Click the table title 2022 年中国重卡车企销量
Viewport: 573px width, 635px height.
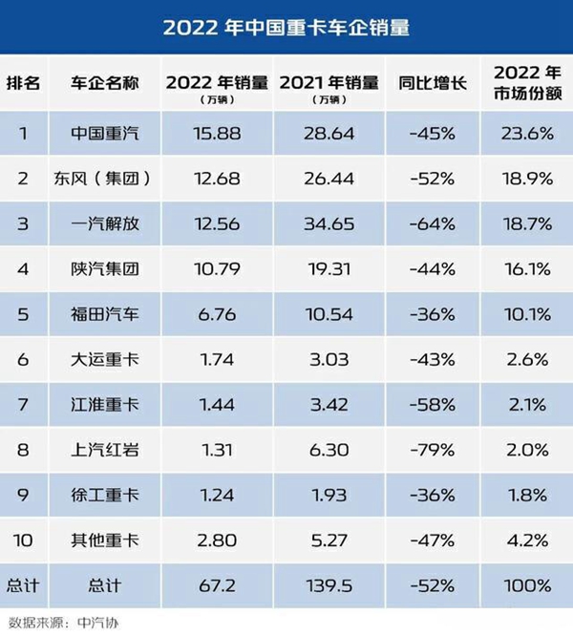click(x=286, y=27)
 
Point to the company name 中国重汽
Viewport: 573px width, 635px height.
click(x=105, y=134)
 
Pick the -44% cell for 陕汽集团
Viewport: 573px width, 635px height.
click(x=432, y=269)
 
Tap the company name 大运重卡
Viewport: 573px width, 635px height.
click(x=105, y=359)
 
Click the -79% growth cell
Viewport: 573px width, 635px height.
click(x=432, y=450)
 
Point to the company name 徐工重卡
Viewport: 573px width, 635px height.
click(x=105, y=495)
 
